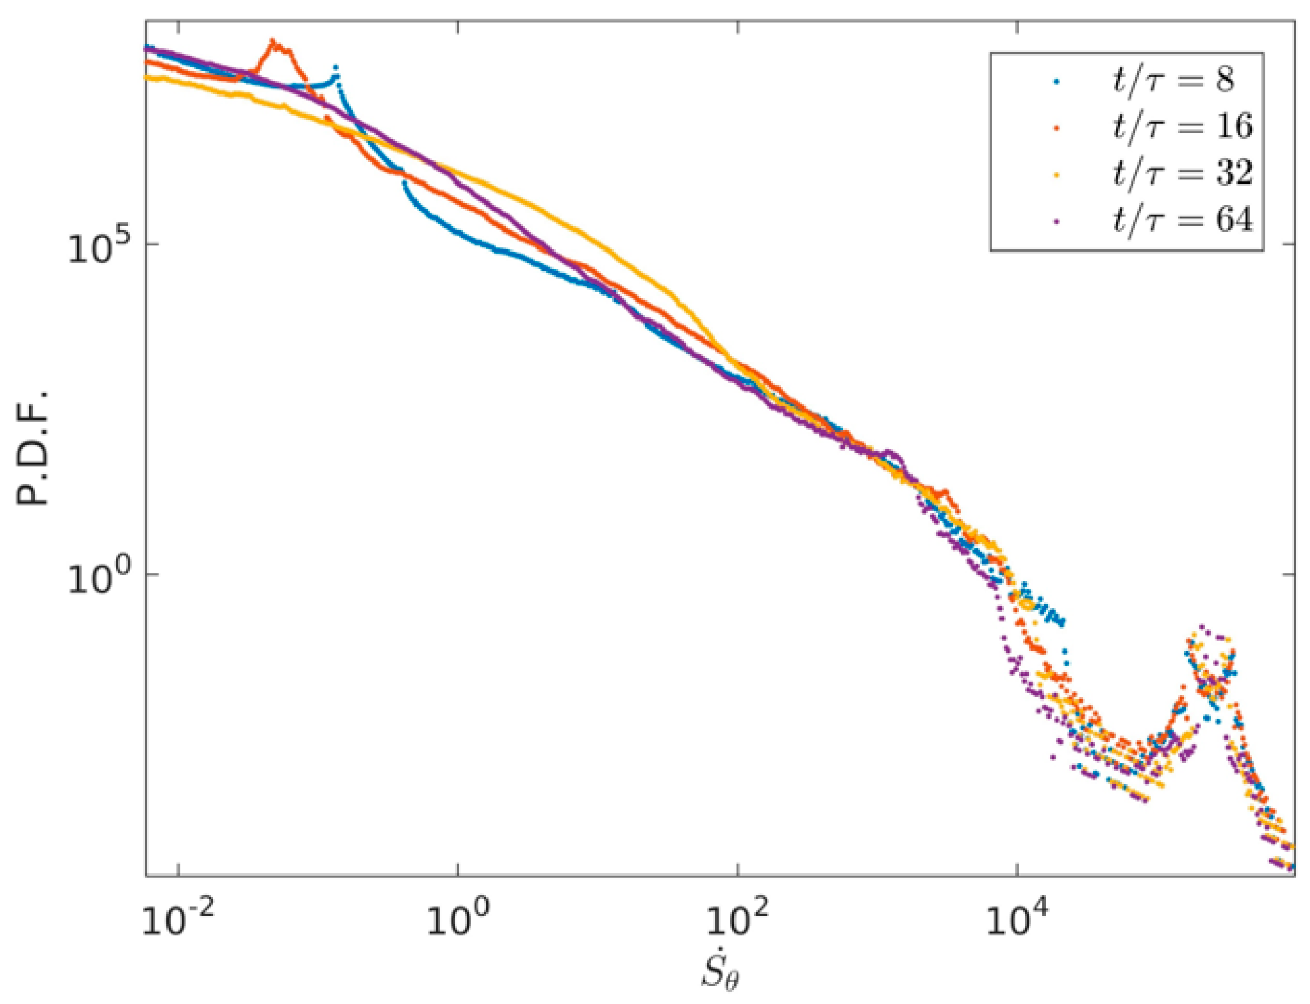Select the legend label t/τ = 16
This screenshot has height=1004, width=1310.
click(x=1182, y=126)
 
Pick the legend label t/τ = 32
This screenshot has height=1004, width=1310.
click(x=1182, y=173)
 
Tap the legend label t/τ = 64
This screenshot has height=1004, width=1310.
click(x=1182, y=220)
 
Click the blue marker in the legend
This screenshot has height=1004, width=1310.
click(x=1057, y=82)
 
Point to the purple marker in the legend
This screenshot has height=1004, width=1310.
click(x=1057, y=221)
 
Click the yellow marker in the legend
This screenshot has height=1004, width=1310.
click(x=1057, y=175)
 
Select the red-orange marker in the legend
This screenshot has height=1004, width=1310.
click(x=1057, y=128)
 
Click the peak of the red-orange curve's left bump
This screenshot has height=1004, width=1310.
click(x=274, y=42)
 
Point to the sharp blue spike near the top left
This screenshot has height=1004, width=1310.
click(x=336, y=67)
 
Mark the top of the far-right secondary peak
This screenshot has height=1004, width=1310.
click(x=1202, y=627)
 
